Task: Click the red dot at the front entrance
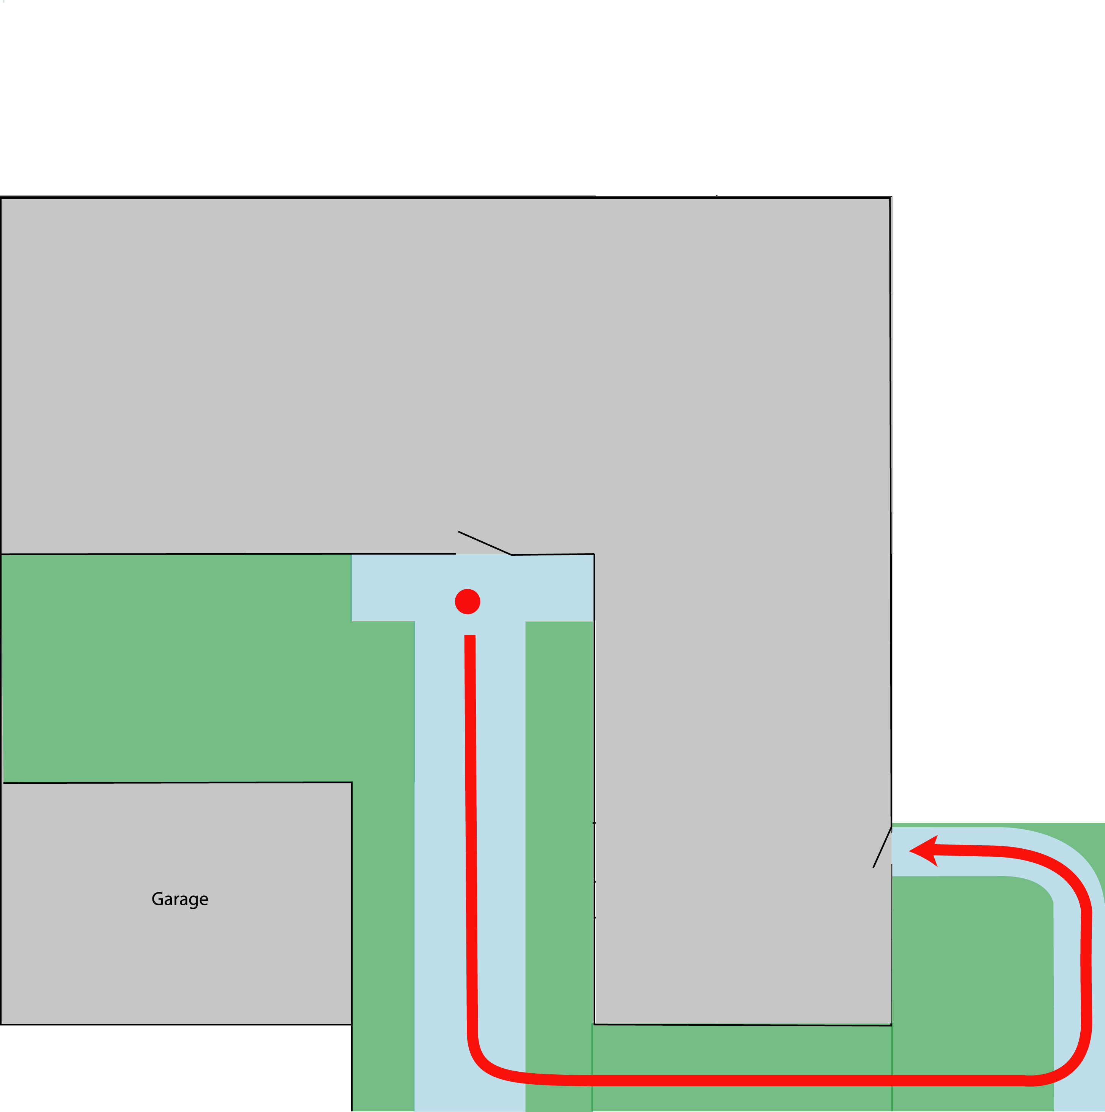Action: point(467,601)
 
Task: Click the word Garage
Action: point(180,898)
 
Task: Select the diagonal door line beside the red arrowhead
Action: point(882,847)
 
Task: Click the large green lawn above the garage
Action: point(173,668)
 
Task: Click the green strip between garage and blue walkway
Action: point(382,921)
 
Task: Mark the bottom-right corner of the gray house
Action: point(891,1025)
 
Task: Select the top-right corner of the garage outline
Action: point(351,783)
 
